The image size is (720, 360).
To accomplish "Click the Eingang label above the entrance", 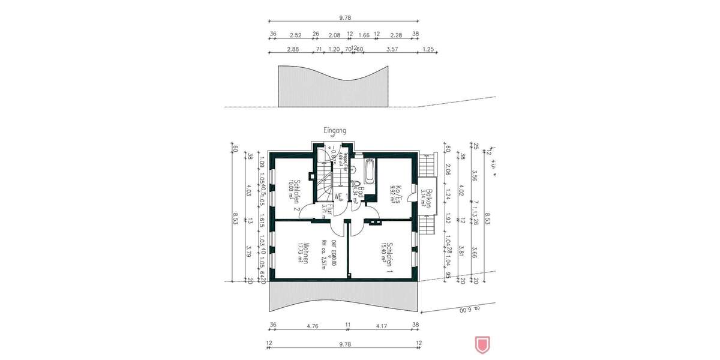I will (x=334, y=130).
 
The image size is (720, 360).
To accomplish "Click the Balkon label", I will (x=428, y=197).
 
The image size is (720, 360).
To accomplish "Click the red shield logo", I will (x=480, y=344).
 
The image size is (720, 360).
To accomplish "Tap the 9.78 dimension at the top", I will (x=344, y=19).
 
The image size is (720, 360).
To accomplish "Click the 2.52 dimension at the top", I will (x=295, y=34).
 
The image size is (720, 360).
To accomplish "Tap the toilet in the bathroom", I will (x=357, y=185).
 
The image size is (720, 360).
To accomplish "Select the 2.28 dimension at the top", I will (x=396, y=34).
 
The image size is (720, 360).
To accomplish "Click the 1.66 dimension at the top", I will (x=364, y=34).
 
